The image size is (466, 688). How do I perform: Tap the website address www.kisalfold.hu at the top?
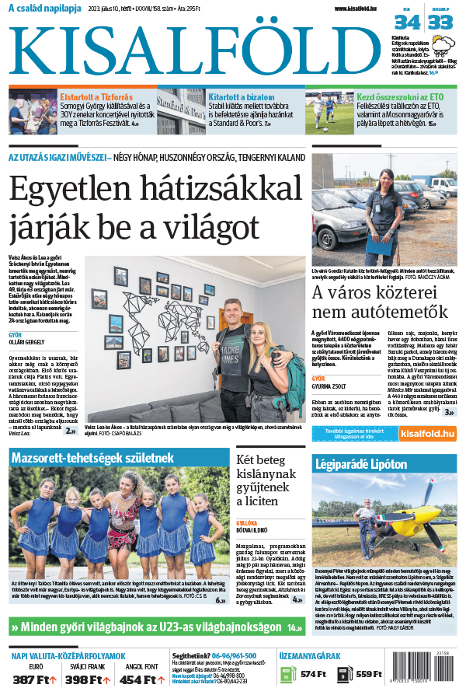(362, 9)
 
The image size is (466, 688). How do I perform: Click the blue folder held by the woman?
(382, 244)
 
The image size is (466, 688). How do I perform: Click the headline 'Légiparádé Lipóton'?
(360, 464)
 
